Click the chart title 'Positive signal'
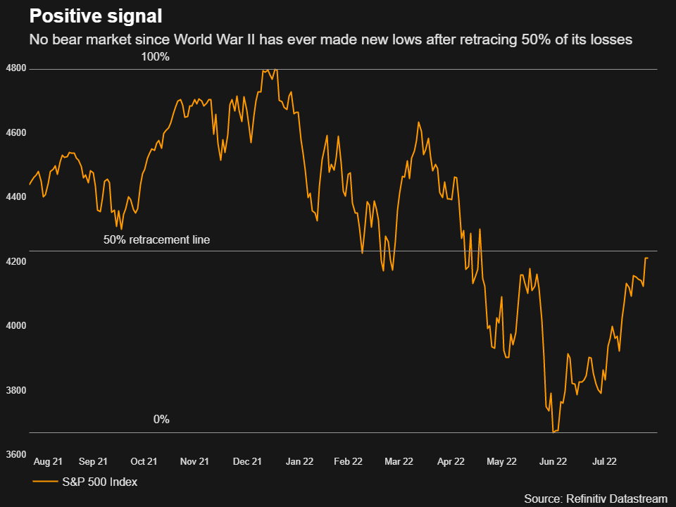[95, 17]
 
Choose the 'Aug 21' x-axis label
[48, 462]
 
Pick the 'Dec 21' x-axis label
[247, 462]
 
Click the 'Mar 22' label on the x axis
[399, 462]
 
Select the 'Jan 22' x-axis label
[299, 462]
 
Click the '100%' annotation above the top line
[156, 57]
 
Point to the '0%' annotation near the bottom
[161, 420]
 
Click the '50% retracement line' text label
[156, 240]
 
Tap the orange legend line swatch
[45, 482]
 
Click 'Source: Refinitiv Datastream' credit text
[595, 499]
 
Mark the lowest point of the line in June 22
[553, 432]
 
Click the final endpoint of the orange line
[648, 258]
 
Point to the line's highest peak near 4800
[275, 69]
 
